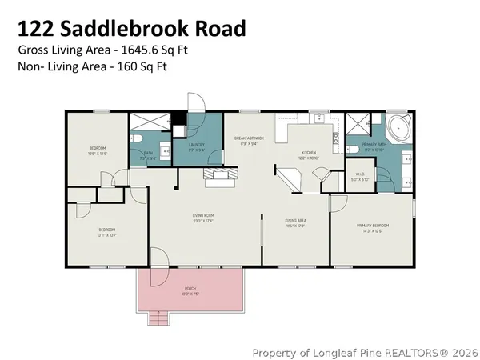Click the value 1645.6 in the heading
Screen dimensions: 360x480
tap(138, 50)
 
